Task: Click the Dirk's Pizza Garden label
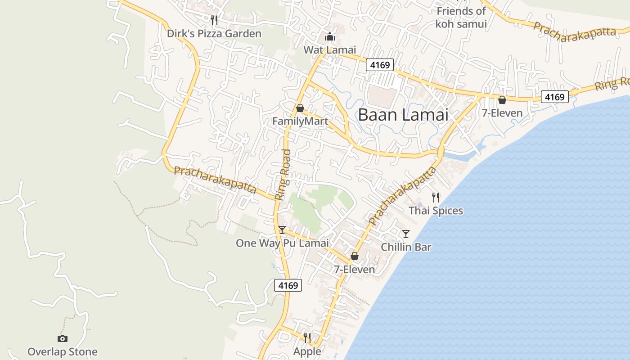coord(214,34)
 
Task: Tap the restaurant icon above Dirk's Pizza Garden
coord(214,20)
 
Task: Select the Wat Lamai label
coord(329,50)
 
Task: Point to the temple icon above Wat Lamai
coord(329,36)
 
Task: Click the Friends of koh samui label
coord(461,18)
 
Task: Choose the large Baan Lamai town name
coord(403,115)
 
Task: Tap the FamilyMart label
coord(300,121)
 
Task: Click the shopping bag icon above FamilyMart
coord(300,108)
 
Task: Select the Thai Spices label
coord(436,211)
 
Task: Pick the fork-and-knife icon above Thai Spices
coord(436,197)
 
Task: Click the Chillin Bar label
coord(406,247)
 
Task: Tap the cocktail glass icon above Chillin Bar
coord(406,234)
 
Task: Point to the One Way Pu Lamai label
coord(282,243)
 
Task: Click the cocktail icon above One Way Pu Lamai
coord(282,230)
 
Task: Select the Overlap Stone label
coord(63,352)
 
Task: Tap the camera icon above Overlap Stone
coord(63,338)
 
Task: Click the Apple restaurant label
coord(307,351)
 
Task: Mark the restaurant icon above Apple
coord(307,337)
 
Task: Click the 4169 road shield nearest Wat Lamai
coord(379,65)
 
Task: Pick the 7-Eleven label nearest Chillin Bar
coord(354,270)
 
